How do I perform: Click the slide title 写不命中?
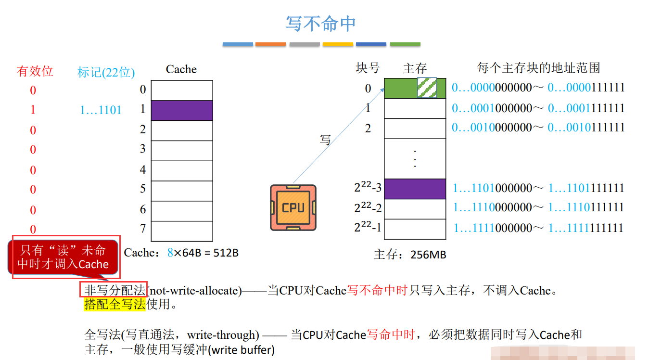(320, 24)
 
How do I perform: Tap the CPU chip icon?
(293, 207)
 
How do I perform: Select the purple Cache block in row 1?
(181, 110)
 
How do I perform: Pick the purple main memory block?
(415, 189)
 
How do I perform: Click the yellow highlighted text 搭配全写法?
(115, 304)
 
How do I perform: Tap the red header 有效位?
(35, 71)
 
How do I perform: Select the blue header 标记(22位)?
(106, 72)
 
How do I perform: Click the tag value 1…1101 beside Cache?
(101, 110)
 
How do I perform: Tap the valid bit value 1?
(33, 110)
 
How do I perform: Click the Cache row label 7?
(142, 228)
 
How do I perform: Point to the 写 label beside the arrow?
(325, 140)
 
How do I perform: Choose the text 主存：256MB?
(410, 255)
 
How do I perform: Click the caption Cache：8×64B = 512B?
(181, 252)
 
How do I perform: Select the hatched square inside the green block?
(427, 88)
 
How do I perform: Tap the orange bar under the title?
(270, 44)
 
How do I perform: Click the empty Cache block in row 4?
(181, 170)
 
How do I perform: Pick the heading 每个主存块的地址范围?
(538, 68)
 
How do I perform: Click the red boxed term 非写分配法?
(114, 290)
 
